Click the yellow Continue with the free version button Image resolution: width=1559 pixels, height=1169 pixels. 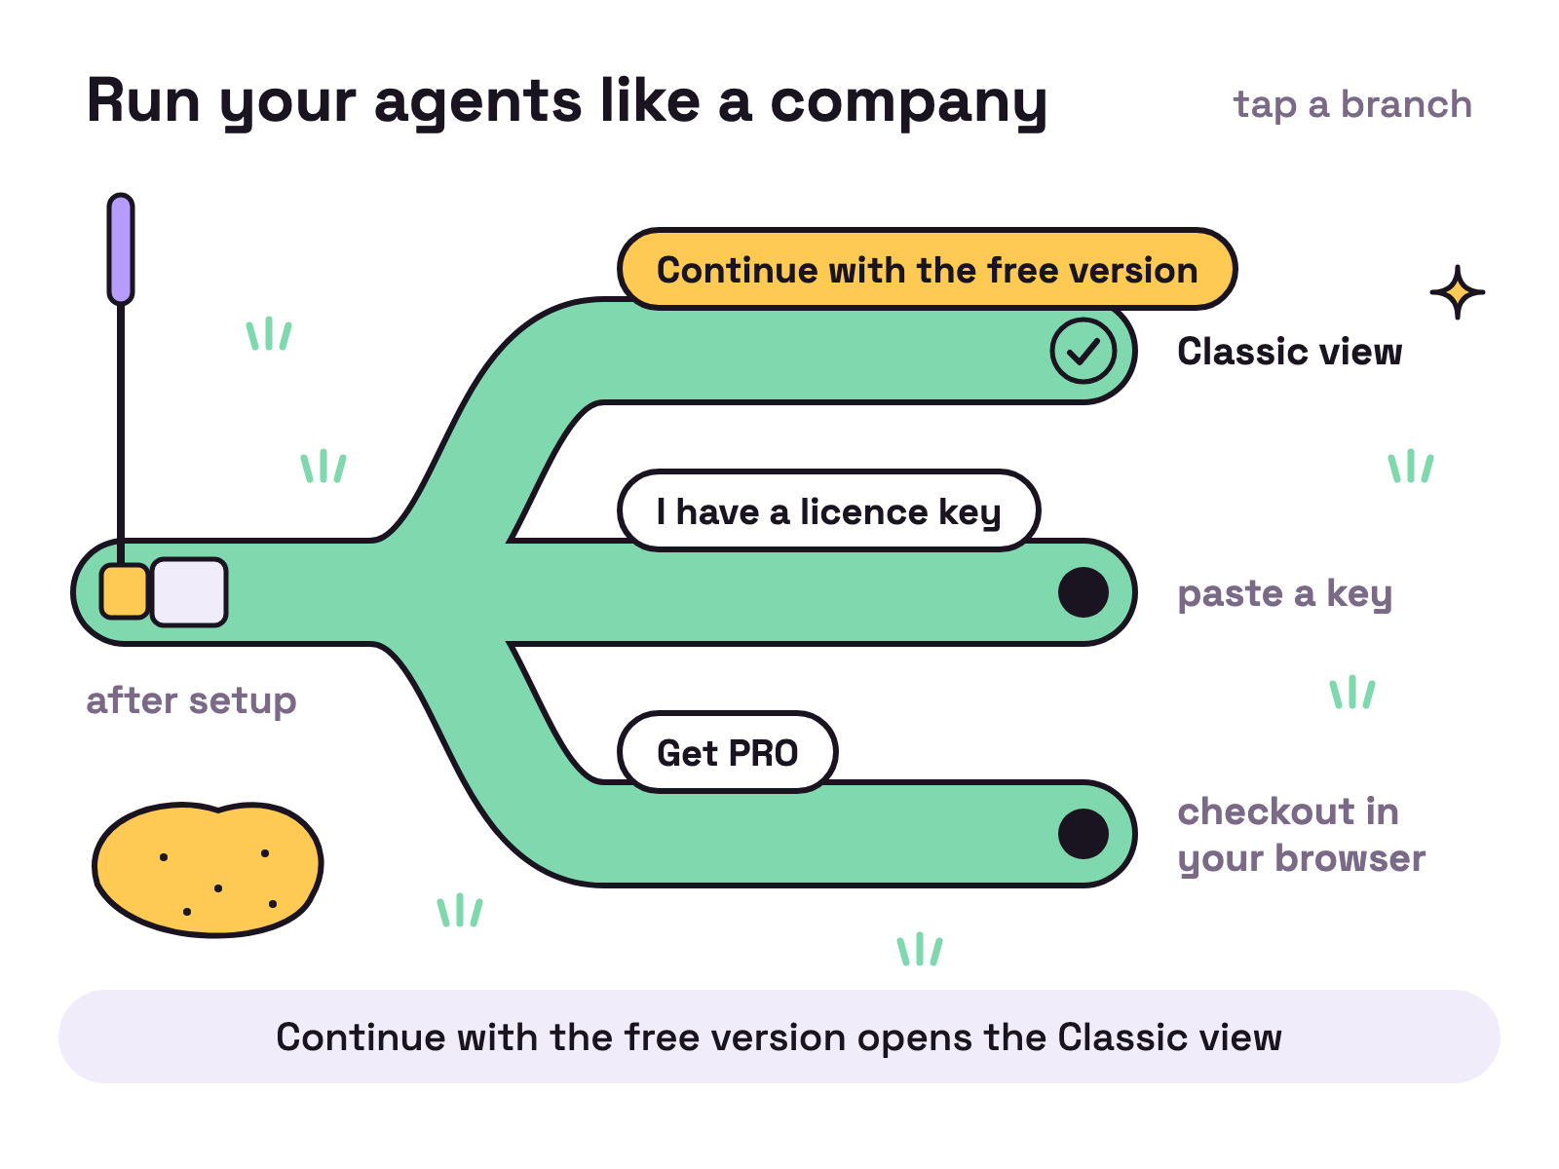(x=927, y=269)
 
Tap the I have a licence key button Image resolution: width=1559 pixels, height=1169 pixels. (x=829, y=510)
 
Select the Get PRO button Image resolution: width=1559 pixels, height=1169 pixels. (x=727, y=752)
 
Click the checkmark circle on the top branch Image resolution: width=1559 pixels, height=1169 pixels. (x=1084, y=351)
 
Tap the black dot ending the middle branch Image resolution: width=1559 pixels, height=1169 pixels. (x=1084, y=592)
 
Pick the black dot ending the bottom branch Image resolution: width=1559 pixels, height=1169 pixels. (x=1084, y=833)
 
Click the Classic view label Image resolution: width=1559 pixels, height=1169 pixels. (x=1290, y=352)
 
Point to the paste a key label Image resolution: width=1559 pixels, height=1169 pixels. (x=1285, y=594)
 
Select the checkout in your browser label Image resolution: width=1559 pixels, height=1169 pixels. (x=1301, y=835)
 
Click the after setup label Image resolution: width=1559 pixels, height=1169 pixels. (x=191, y=701)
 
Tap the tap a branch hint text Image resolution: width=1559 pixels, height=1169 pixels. (x=1352, y=105)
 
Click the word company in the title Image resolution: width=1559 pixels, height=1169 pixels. (x=908, y=103)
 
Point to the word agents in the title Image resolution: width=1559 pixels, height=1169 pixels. (x=478, y=103)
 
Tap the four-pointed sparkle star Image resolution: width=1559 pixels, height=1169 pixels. (x=1458, y=291)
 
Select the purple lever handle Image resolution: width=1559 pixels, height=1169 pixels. (x=121, y=248)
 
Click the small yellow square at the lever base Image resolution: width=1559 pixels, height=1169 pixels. (x=124, y=591)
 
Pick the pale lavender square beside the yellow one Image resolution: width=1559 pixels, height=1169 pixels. (x=189, y=592)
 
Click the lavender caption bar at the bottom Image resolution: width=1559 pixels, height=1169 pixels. (x=779, y=1037)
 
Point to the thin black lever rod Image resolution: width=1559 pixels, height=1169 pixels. (x=121, y=434)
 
